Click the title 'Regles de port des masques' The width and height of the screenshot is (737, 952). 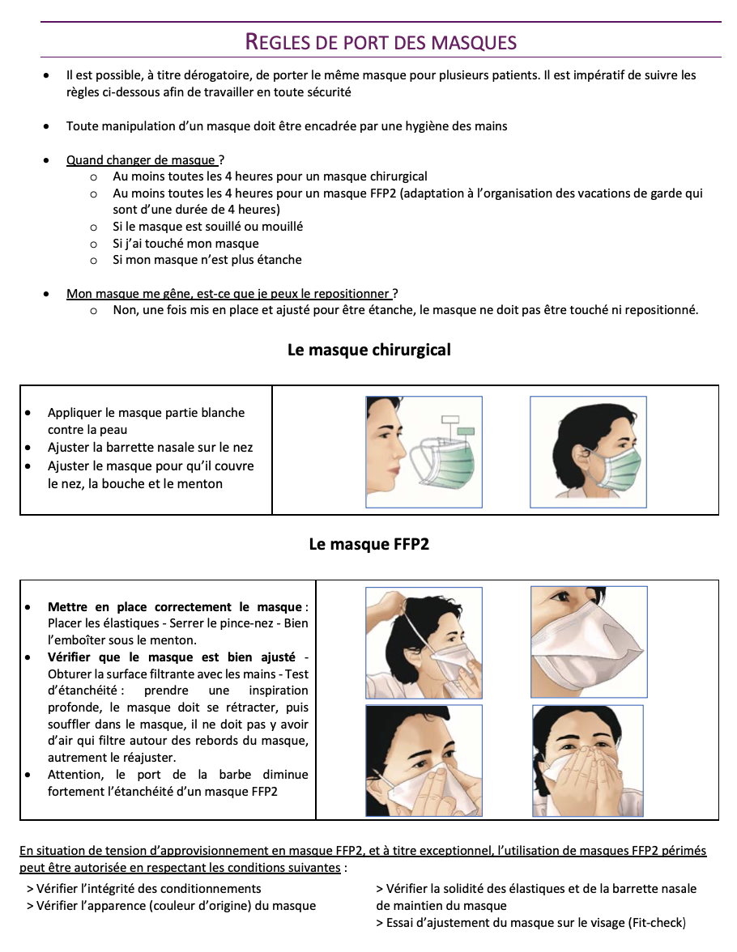[x=381, y=41]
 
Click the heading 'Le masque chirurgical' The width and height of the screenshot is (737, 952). [x=368, y=351]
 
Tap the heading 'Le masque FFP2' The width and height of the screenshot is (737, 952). [x=368, y=545]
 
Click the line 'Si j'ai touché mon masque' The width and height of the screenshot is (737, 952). [x=185, y=244]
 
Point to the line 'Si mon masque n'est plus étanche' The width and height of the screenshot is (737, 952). [x=207, y=260]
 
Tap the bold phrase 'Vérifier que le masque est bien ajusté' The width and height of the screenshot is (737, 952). [x=171, y=657]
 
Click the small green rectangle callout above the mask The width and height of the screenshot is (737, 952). [x=466, y=432]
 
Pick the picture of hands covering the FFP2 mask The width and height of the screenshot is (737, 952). [x=588, y=761]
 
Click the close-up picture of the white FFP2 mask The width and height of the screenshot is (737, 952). [x=589, y=642]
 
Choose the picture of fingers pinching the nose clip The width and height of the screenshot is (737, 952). [x=424, y=761]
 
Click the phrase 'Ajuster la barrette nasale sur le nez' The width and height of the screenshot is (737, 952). [x=150, y=448]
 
